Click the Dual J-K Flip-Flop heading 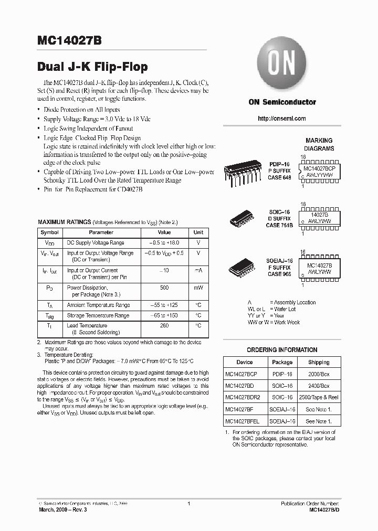92,67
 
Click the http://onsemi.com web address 282,119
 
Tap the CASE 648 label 279,177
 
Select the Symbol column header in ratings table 50,232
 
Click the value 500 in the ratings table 164,288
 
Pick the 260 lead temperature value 164,325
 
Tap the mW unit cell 198,288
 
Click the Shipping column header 319,362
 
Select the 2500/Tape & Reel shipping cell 319,397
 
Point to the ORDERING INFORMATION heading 282,350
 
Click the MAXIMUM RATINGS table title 65,222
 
